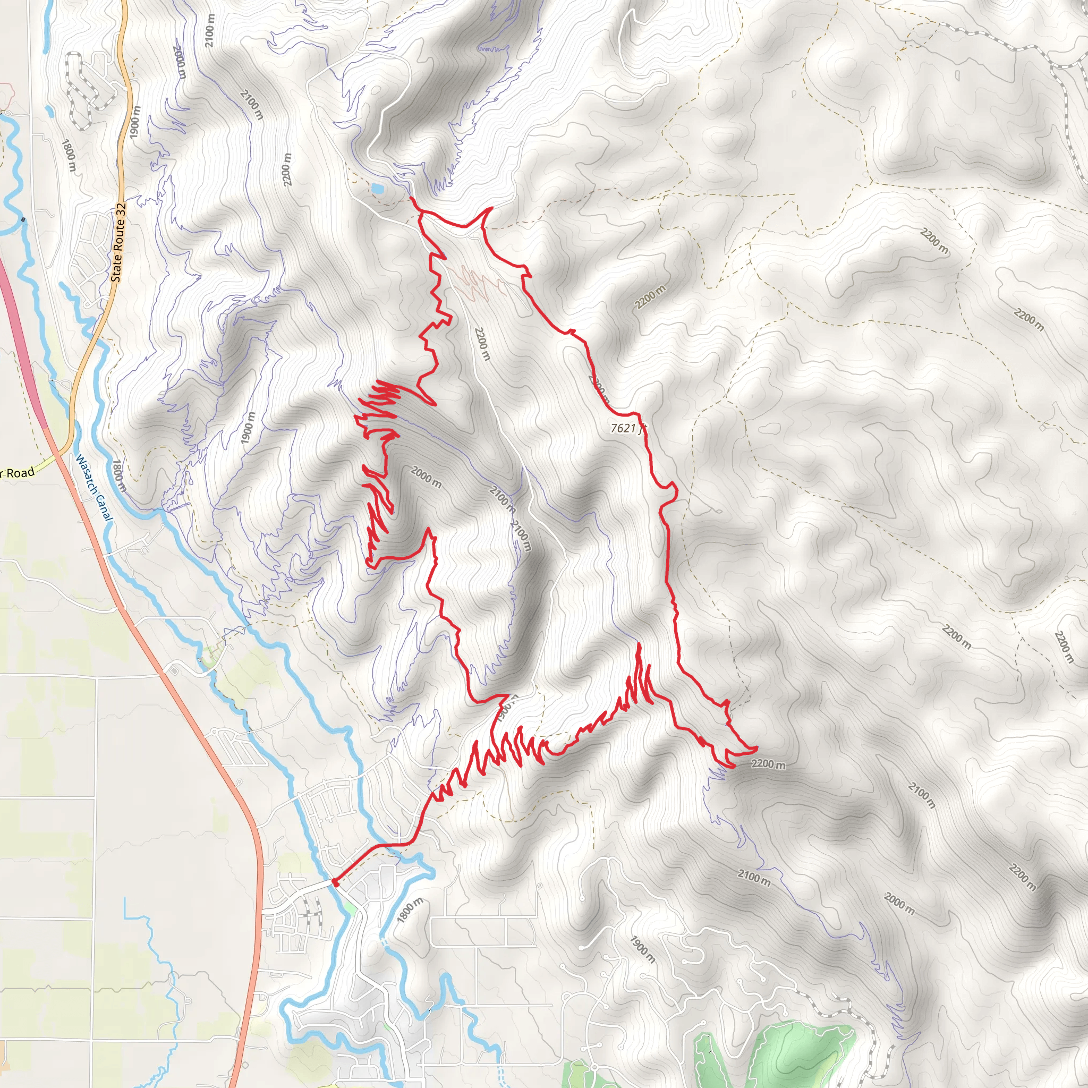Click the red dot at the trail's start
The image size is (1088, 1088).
click(336, 883)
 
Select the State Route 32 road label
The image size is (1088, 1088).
click(119, 243)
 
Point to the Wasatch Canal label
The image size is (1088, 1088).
click(95, 488)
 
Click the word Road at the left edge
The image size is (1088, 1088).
click(20, 472)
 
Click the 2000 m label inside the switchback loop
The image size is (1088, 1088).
click(426, 477)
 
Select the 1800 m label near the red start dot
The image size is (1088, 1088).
click(410, 910)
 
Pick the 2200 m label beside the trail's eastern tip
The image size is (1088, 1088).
click(768, 764)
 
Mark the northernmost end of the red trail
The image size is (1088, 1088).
click(411, 198)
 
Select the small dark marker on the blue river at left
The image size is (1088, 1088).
click(22, 219)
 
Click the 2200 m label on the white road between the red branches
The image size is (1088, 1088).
click(482, 344)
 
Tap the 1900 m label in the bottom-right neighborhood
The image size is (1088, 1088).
click(642, 949)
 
